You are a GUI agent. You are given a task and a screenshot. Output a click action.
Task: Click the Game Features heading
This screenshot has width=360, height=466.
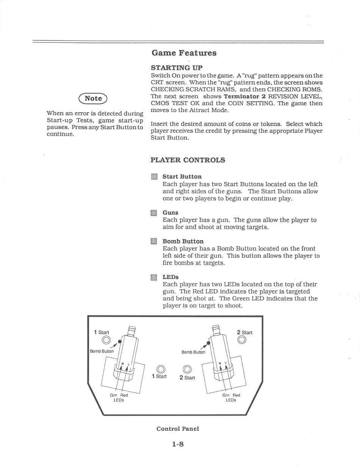point(184,53)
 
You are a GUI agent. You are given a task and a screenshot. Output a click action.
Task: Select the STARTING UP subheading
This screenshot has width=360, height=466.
point(171,68)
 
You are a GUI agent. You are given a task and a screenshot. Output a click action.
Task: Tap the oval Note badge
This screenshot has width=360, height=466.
point(93,98)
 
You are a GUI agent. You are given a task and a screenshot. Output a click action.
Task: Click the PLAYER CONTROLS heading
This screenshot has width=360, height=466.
point(188,160)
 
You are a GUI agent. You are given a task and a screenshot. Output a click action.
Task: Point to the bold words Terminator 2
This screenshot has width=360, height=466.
point(244,96)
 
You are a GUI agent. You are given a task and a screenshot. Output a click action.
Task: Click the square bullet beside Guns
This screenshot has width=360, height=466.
point(153,213)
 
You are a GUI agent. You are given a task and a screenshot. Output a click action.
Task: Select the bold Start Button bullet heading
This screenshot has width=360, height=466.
point(182,176)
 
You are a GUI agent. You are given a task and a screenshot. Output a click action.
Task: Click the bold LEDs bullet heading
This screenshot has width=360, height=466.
point(171,277)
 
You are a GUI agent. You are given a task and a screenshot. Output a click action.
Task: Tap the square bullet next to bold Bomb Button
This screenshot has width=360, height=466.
point(153,242)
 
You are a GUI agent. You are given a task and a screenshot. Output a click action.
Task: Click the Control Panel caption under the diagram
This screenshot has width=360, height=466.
point(178,428)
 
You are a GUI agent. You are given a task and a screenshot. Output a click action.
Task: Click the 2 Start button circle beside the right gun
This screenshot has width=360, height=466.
point(241,340)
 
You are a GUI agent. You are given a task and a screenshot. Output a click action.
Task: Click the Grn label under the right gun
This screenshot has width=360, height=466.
point(225,395)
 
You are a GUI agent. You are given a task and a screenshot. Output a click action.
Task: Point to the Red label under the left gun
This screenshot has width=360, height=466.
point(124,395)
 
